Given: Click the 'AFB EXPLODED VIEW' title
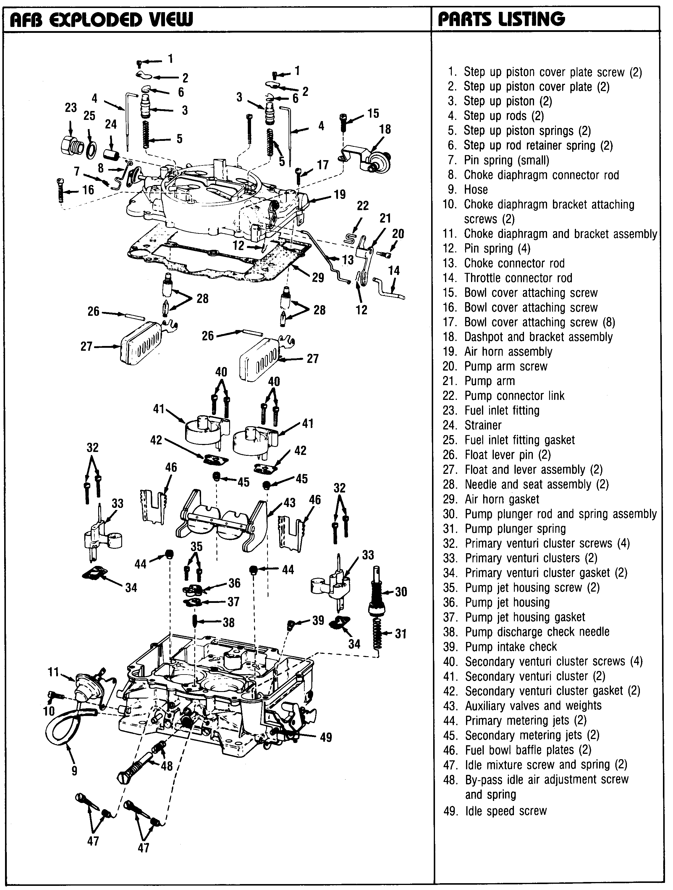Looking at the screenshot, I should (101, 19).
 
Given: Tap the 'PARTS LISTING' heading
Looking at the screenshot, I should (501, 19).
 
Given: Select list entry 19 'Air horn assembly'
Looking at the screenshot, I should (508, 352).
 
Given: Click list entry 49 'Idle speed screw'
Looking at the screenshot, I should (505, 811).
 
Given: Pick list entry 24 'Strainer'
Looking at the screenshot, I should (483, 425).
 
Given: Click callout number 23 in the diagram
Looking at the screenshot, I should (71, 108).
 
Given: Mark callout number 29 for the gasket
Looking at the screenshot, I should (318, 278).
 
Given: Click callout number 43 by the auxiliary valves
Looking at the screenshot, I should (289, 503).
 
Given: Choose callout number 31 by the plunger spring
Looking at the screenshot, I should (400, 634).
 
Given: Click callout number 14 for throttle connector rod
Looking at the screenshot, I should (394, 271).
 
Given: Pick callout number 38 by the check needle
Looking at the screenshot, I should (228, 623).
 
